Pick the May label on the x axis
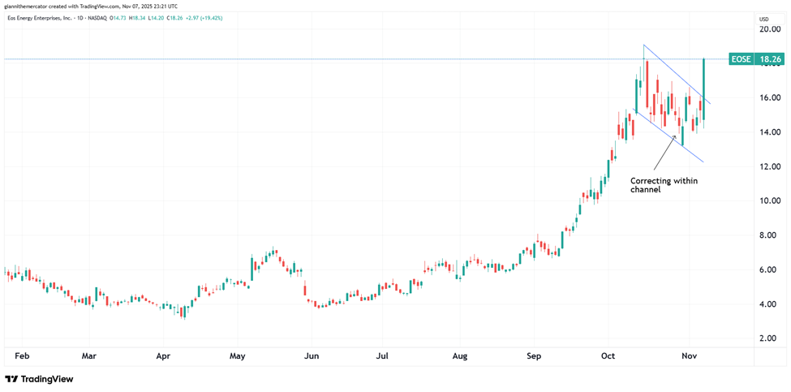[238, 355]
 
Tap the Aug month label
[460, 355]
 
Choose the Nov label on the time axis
[690, 355]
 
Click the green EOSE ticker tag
[740, 59]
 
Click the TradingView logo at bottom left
[39, 379]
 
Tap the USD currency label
[763, 19]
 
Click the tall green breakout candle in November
[703, 89]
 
